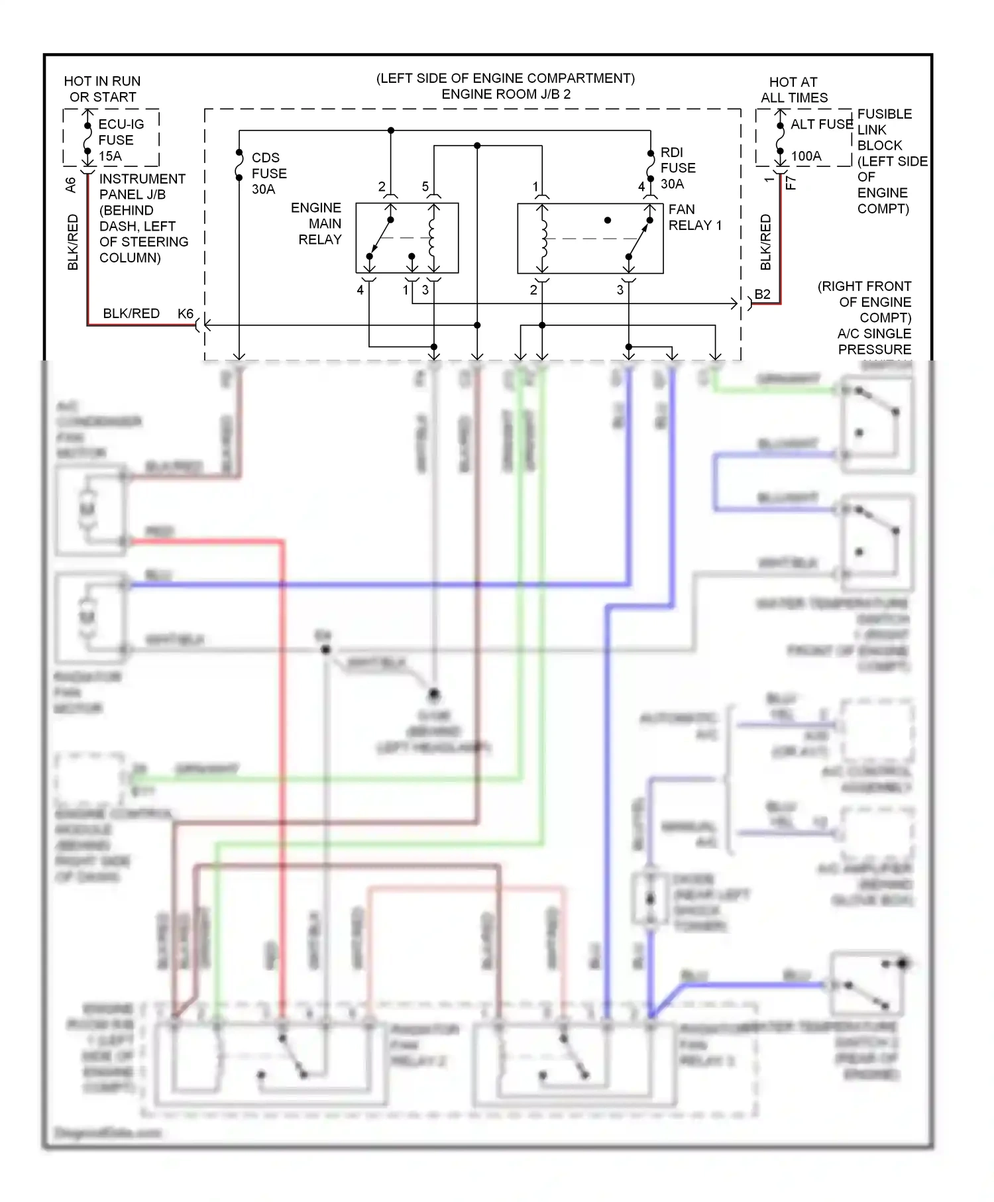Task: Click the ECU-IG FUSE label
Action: (121, 133)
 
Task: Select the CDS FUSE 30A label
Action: (268, 174)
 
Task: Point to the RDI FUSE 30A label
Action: (677, 168)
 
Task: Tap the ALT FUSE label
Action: (821, 125)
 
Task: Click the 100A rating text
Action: (806, 156)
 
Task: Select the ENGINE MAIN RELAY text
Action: (317, 224)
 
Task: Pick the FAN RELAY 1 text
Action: (694, 217)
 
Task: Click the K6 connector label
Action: (185, 314)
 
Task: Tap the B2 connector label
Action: (762, 295)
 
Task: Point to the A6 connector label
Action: (71, 185)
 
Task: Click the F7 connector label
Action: (791, 183)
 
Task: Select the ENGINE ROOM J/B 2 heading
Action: (506, 94)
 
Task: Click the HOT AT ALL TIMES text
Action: (793, 90)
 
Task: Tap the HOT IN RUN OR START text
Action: (102, 89)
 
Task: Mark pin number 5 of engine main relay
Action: (425, 187)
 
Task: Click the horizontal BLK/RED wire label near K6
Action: (131, 313)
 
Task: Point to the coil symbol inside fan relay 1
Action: (543, 239)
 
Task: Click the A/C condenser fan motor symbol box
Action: (89, 510)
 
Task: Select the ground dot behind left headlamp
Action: (433, 694)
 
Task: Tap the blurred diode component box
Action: (650, 899)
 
